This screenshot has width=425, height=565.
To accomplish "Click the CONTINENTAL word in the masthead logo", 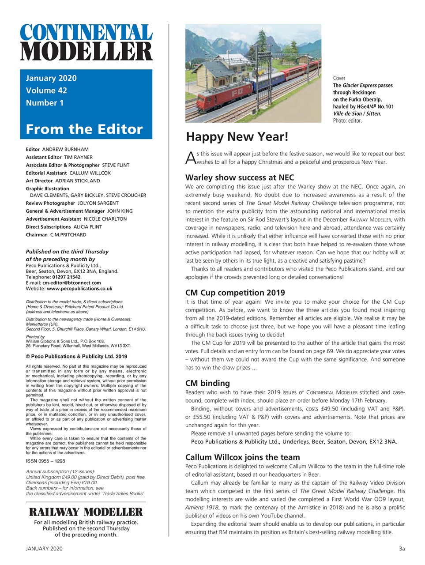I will (86, 33).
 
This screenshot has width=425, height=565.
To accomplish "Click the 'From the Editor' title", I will (84, 129).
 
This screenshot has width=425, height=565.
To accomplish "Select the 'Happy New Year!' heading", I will (237, 137).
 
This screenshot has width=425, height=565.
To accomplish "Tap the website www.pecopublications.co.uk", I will (79, 289).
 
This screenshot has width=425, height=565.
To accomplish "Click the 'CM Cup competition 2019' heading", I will (235, 293).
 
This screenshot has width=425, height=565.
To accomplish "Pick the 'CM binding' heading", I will (207, 383).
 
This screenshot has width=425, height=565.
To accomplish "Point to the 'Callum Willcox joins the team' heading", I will (242, 457).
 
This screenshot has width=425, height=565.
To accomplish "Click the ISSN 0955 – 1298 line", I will (45, 461).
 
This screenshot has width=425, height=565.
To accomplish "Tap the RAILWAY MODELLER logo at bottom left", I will (86, 512).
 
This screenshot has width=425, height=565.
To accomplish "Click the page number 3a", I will (401, 549).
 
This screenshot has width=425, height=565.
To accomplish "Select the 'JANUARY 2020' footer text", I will (44, 549).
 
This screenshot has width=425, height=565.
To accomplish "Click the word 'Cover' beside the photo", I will (339, 78).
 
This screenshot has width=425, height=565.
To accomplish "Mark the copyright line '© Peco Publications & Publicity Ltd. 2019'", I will (76, 356).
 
